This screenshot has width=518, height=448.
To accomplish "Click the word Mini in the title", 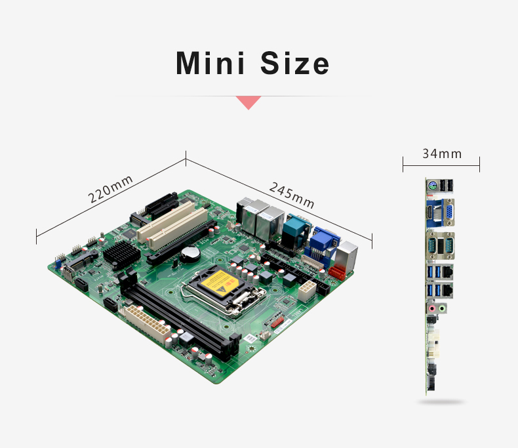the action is point(210,63).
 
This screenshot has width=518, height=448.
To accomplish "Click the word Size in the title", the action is point(294,63).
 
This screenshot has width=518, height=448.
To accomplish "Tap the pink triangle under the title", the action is point(249,102).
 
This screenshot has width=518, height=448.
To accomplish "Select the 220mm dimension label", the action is point(110,189).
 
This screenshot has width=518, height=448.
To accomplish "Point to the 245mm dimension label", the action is point(291,195).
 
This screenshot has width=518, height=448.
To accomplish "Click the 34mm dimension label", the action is point(442,153).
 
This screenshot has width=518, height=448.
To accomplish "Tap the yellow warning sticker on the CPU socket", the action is point(220,284).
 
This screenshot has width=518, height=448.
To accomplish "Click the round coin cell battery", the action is point(190,253).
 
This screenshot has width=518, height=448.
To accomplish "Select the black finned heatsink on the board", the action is point(122,255).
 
